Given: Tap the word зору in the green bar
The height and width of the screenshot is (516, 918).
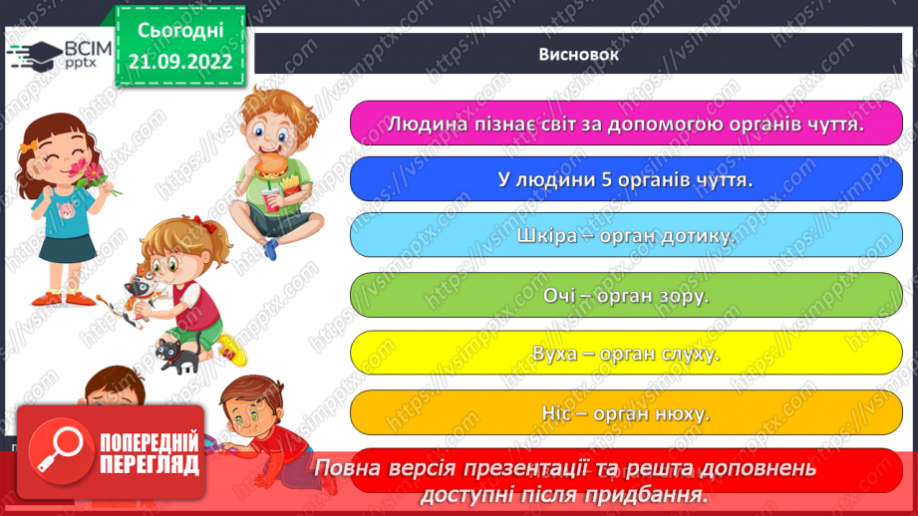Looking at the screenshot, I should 684,295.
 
